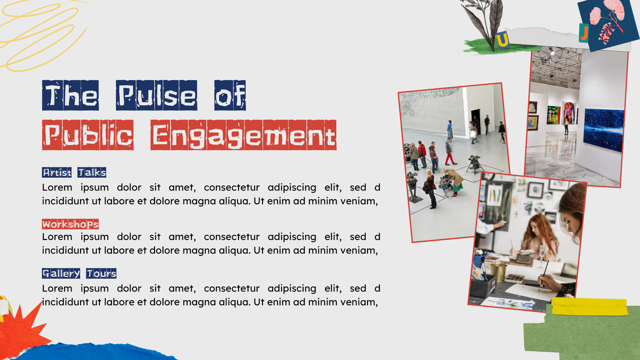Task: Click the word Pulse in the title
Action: click(156, 95)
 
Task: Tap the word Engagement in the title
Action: click(243, 135)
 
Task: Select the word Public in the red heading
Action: click(88, 135)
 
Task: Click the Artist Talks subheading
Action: click(74, 172)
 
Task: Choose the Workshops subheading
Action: click(70, 223)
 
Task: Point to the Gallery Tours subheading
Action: click(79, 273)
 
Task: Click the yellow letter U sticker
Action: click(502, 39)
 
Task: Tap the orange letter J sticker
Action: click(583, 32)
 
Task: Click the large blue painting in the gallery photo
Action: click(603, 129)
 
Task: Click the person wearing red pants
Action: click(450, 153)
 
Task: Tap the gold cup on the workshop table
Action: click(498, 272)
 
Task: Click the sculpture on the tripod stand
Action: click(473, 162)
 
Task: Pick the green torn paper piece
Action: click(580, 335)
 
